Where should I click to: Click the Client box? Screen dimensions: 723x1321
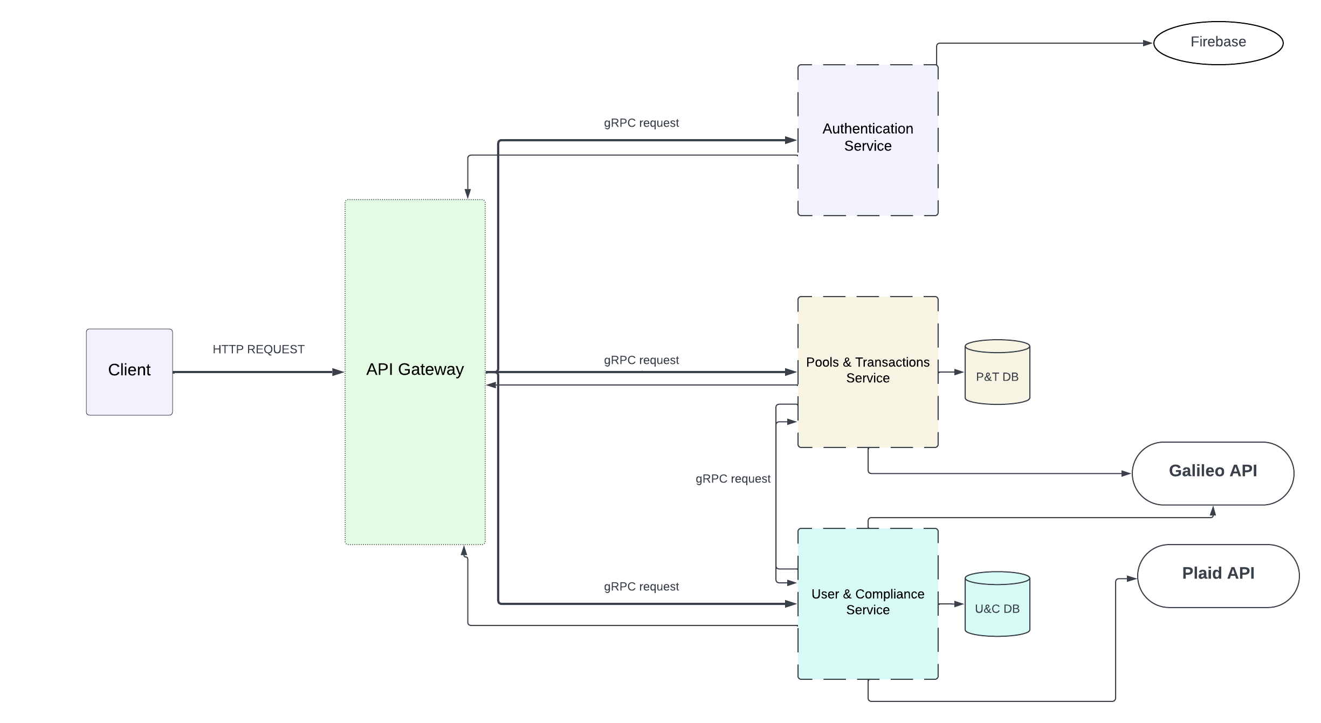[129, 371]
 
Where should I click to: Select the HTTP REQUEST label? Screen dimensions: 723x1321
[258, 349]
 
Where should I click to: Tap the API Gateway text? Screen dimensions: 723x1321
[415, 369]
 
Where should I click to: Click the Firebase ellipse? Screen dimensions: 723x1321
[1218, 43]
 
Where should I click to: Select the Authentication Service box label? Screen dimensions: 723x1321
[868, 137]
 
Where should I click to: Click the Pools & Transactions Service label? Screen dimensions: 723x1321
[868, 370]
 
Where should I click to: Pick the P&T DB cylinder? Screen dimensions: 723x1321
[997, 373]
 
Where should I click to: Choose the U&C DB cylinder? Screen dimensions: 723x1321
[997, 604]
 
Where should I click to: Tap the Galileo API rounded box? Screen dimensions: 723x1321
[1213, 473]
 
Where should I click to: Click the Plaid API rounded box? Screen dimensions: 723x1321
[1218, 575]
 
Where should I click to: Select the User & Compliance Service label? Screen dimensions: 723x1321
[868, 602]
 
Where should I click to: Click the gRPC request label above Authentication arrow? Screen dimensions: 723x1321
[641, 123]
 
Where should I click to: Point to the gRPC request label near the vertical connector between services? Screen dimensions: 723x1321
[733, 479]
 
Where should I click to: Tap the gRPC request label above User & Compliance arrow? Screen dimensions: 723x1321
[641, 587]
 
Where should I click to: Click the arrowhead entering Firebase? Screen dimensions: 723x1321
[1148, 43]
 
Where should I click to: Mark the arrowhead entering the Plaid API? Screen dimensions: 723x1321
[1132, 579]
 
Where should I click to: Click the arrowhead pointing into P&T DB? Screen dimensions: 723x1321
[959, 372]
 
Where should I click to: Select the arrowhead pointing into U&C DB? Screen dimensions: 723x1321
[959, 604]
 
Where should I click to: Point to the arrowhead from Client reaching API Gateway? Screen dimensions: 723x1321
[339, 372]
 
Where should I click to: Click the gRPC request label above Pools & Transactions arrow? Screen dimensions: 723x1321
[641, 360]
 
